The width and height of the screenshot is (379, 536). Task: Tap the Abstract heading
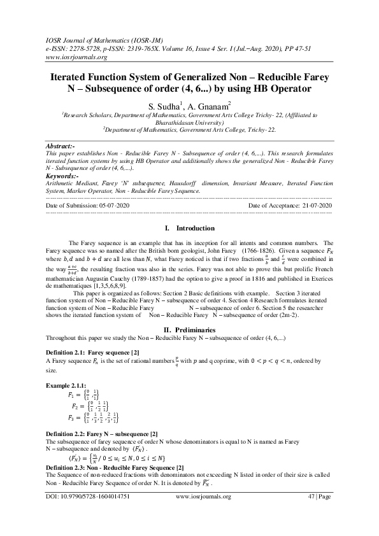tap(62, 146)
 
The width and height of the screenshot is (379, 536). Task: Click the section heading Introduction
tap(195, 228)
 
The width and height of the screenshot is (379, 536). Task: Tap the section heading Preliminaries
tap(196, 330)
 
